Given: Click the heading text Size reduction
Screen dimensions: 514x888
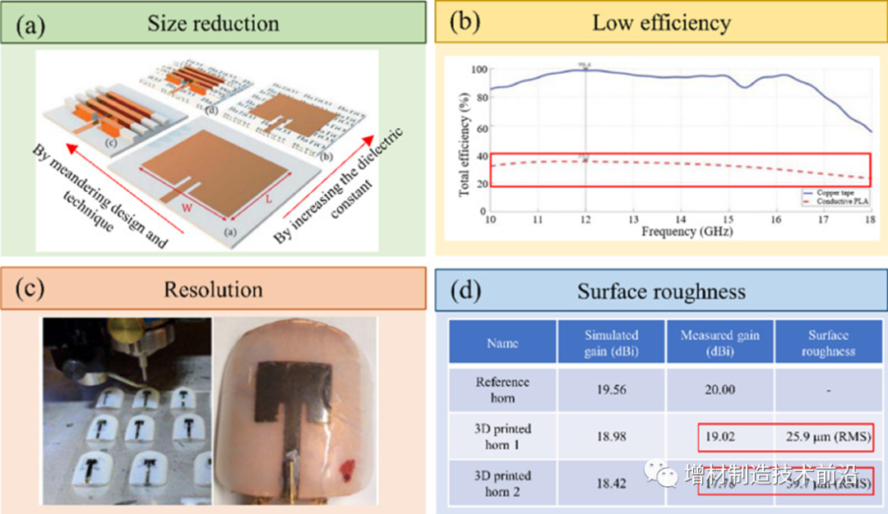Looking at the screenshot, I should pos(213,23).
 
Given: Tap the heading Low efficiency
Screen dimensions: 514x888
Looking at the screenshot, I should pos(661,23).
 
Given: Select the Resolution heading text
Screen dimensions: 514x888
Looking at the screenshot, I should pos(213,290).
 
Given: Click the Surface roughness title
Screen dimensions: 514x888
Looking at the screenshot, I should pos(661,292).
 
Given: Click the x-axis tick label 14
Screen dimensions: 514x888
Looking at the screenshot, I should pos(680,220).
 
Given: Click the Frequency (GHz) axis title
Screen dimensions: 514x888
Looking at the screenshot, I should pos(680,232).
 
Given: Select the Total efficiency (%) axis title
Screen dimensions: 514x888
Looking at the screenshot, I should pos(465,140).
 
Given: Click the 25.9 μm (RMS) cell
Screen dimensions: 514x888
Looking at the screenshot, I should pos(826,438).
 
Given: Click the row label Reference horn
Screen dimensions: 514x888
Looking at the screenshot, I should pos(502,390).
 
